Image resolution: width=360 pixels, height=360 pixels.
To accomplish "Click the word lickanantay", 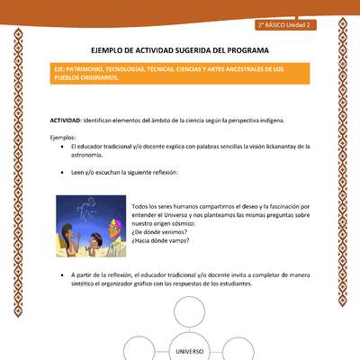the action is click(x=257, y=146).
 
